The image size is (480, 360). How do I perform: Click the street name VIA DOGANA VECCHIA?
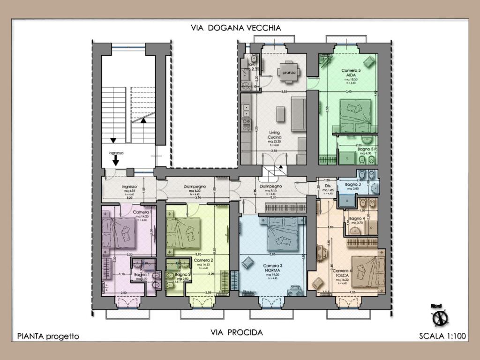click(236, 28)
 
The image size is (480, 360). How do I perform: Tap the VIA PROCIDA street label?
click(237, 332)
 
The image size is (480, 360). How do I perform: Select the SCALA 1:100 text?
click(442, 336)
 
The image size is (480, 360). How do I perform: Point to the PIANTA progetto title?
click(48, 336)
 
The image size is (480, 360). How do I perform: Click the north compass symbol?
click(440, 317)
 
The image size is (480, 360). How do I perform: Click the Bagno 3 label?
click(352, 185)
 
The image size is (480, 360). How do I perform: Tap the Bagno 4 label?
click(357, 219)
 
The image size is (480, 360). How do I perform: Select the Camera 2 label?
click(203, 261)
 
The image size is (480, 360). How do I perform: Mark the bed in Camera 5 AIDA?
click(355, 116)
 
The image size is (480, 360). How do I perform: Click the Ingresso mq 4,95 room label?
click(129, 187)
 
